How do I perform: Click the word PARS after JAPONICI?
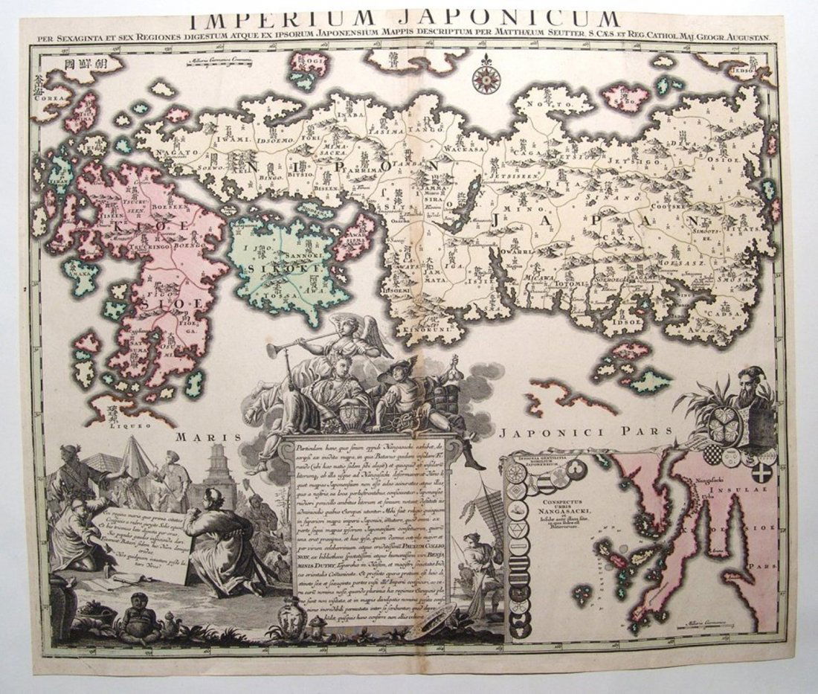[654, 431]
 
